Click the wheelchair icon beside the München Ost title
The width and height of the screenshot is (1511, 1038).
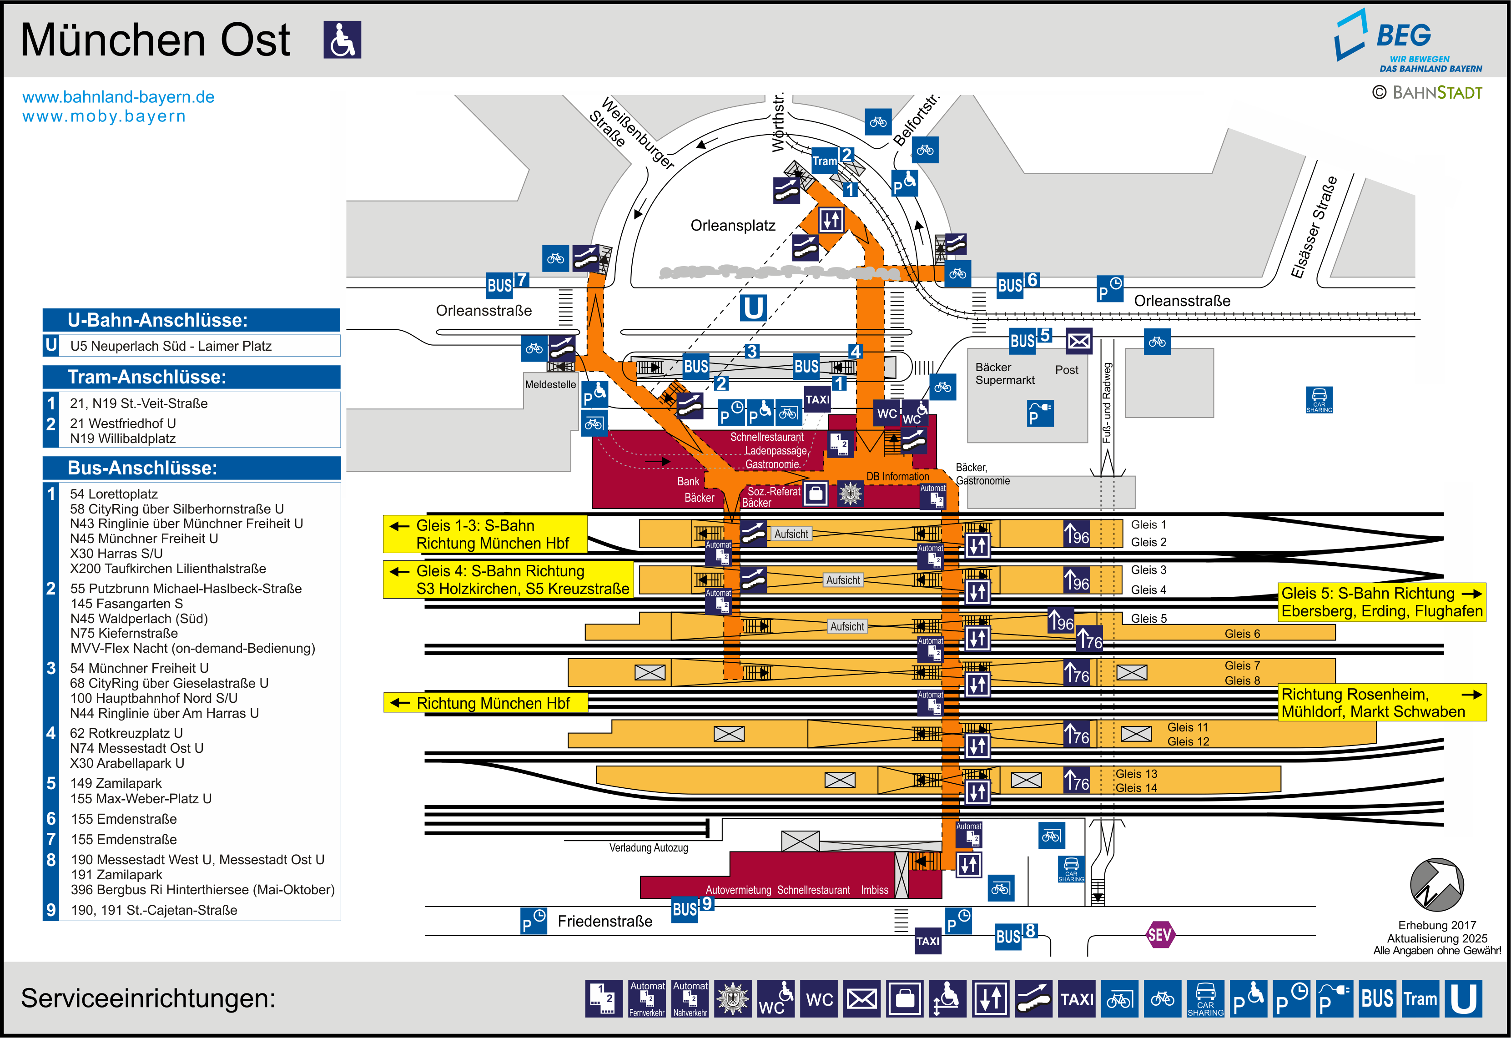342,40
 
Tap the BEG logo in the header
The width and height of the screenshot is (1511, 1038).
1408,41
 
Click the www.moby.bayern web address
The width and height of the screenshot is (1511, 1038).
104,116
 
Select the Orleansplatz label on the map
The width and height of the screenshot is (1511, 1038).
733,226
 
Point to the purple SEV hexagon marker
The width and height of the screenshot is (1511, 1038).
1159,935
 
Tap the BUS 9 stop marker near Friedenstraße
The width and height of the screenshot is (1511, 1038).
692,907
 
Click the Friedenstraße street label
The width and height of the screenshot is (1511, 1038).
604,921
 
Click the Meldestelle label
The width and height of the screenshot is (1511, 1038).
550,384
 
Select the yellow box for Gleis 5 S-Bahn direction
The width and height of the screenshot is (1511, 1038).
1382,602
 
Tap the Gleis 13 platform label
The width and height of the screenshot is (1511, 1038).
1137,773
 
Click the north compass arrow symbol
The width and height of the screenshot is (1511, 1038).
1437,885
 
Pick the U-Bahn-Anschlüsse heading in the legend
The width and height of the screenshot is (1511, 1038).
158,320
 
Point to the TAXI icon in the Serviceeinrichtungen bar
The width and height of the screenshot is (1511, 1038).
1077,998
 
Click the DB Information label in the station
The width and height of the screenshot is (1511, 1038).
898,477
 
